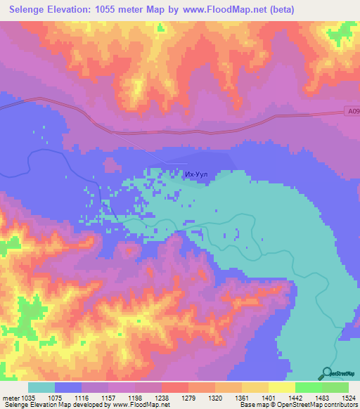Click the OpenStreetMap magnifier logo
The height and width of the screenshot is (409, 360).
[327, 374]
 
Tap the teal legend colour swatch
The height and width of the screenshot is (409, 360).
[41, 387]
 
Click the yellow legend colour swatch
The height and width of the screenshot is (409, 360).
[255, 387]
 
